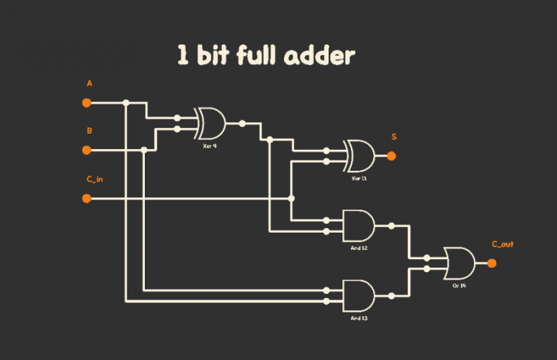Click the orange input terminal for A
[x=86, y=103]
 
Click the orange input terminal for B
[x=86, y=150]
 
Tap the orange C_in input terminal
[x=86, y=198]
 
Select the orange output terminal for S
[x=391, y=156]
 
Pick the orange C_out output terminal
[x=492, y=264]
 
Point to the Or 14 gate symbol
[x=459, y=264]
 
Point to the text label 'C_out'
[x=502, y=245]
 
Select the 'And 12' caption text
[x=359, y=248]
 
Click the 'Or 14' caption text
[x=460, y=285]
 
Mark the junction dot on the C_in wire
[x=291, y=198]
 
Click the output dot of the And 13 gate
[x=391, y=295]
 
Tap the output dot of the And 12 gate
[x=391, y=226]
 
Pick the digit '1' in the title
[x=184, y=56]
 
